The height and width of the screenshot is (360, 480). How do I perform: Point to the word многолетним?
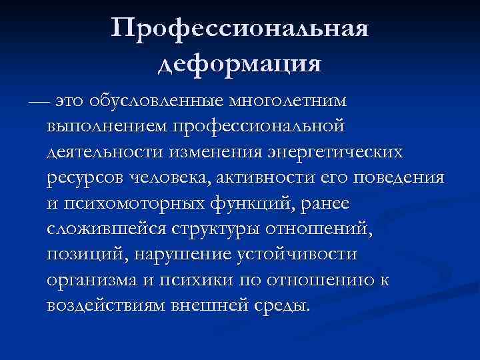click(x=288, y=102)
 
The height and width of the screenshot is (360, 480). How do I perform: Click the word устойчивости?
click(x=297, y=255)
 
